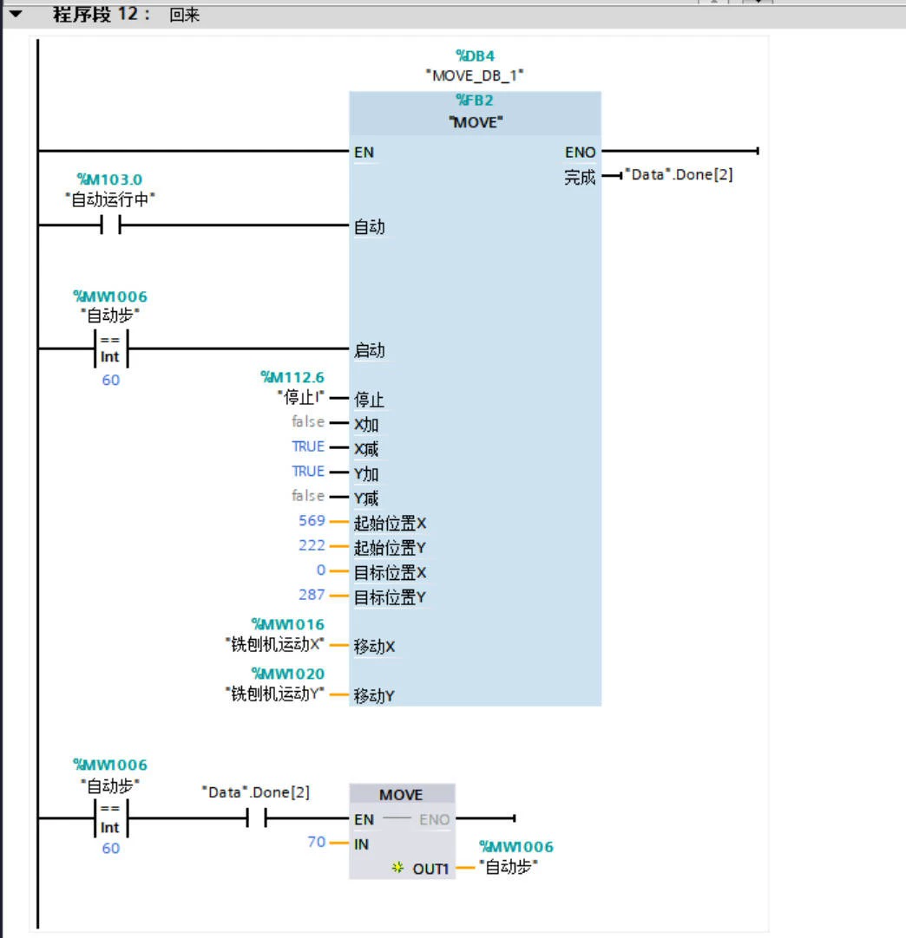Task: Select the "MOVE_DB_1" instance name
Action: pos(476,75)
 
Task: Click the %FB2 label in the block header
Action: pos(476,101)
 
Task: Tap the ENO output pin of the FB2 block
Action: pos(580,153)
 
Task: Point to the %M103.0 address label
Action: pos(110,179)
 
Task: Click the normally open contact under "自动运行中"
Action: pos(110,227)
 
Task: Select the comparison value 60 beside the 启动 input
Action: pos(110,381)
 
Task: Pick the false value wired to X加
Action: pos(308,422)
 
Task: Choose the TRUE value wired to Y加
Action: pos(308,471)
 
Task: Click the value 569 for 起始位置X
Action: pos(311,521)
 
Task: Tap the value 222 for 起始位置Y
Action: pos(311,545)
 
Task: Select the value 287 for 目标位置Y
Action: pos(311,595)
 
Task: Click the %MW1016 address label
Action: pos(288,624)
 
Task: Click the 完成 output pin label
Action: pos(580,178)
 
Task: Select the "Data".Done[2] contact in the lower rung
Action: pos(255,817)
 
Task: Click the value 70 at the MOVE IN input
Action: pos(316,842)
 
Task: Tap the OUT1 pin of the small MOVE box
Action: pos(430,868)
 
